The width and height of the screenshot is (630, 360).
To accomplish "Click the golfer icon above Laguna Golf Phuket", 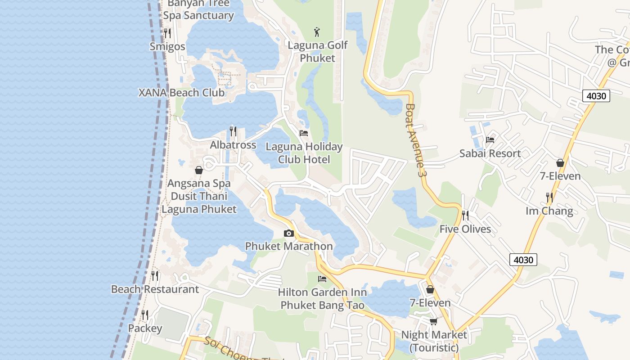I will (x=317, y=32).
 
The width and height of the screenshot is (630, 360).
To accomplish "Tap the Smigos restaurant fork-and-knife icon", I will (x=167, y=33).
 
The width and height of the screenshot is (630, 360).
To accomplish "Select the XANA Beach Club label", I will (x=181, y=93).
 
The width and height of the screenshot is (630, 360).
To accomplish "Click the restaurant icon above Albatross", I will (x=233, y=131).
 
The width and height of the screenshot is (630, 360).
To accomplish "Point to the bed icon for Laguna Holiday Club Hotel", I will (x=304, y=133).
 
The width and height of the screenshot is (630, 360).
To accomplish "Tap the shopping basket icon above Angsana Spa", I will (x=198, y=170).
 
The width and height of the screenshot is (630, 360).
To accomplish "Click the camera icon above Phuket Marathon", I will (x=289, y=233).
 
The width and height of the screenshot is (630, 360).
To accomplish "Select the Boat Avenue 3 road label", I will (x=415, y=140).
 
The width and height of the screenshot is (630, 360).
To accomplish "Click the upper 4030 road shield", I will (x=596, y=96).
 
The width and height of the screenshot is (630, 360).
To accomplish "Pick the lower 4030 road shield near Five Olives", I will (x=523, y=260).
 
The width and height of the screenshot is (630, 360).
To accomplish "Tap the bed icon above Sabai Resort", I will (x=490, y=140).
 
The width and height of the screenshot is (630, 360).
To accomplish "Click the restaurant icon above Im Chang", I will (x=549, y=197).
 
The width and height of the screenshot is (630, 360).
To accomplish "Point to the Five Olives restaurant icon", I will (x=465, y=216).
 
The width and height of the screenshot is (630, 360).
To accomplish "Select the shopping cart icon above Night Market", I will (x=433, y=321).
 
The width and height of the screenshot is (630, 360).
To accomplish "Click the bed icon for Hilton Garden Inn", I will (x=322, y=279).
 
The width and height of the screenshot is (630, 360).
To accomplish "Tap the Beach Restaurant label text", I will (x=155, y=289).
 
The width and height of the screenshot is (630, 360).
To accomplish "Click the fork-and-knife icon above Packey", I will (x=145, y=315).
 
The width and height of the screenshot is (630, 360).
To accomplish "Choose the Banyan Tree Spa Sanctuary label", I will (x=198, y=10).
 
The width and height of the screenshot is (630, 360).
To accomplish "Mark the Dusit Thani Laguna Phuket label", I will (x=198, y=203).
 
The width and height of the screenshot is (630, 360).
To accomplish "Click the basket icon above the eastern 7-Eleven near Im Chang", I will (x=560, y=162).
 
